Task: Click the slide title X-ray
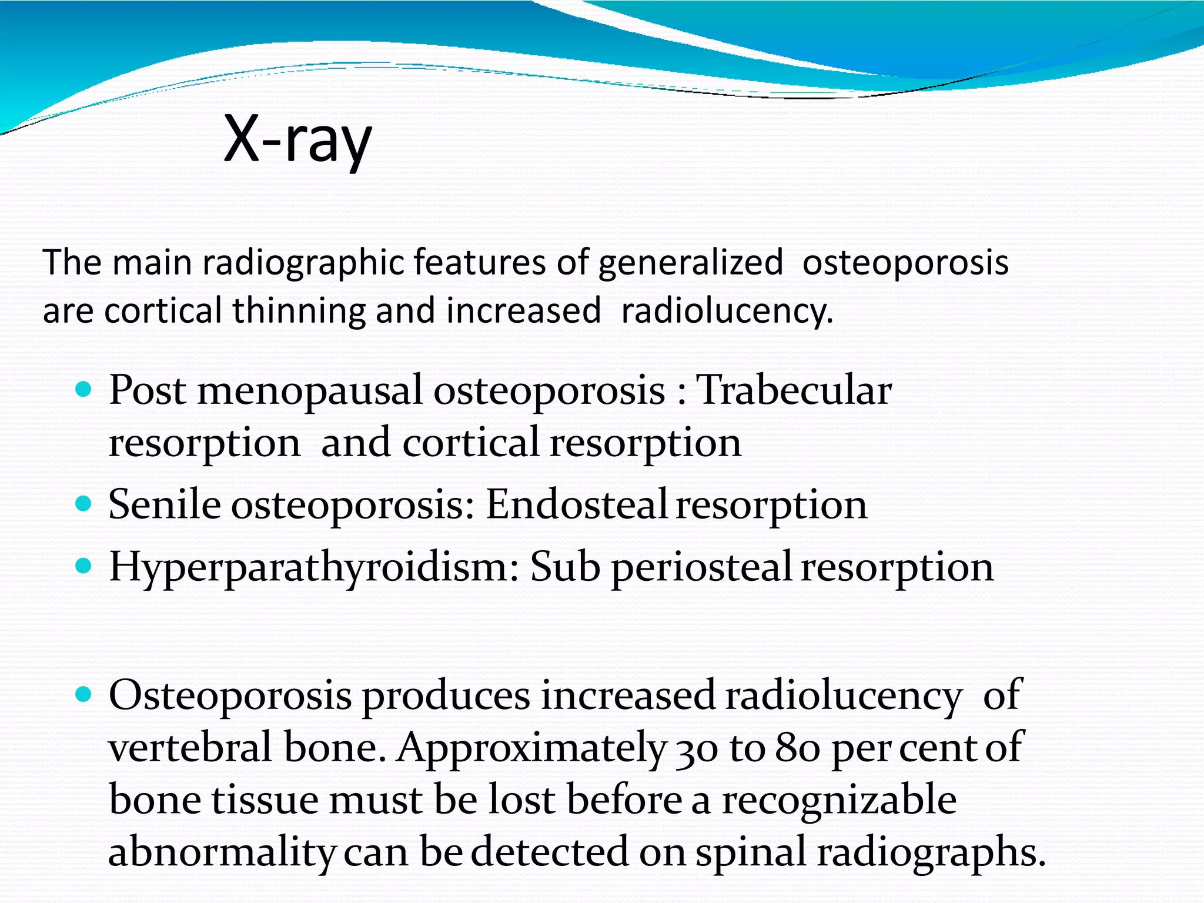click(297, 140)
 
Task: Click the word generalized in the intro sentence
click(690, 262)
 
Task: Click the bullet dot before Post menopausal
click(84, 389)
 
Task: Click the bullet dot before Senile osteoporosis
click(84, 503)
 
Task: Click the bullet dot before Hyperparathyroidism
click(84, 566)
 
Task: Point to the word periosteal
click(702, 568)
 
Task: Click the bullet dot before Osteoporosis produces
click(84, 694)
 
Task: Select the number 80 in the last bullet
click(797, 748)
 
